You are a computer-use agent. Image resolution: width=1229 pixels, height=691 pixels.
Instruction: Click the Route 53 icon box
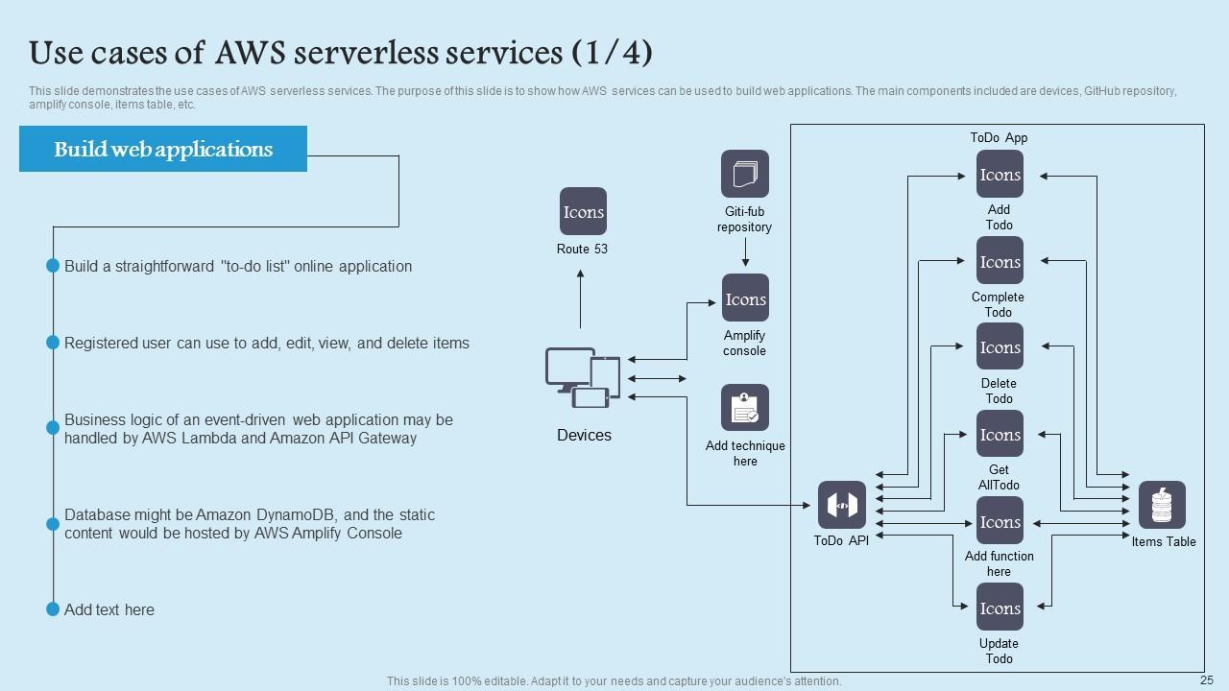(x=584, y=211)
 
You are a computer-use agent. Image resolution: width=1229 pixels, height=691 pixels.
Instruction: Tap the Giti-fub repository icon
(x=745, y=174)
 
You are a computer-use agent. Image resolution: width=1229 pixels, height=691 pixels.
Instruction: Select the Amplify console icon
(x=745, y=298)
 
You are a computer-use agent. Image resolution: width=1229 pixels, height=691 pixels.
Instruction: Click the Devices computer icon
(x=583, y=377)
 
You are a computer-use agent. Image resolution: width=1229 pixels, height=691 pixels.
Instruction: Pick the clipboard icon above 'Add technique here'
(x=745, y=408)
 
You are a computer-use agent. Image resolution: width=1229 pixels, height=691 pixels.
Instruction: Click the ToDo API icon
(x=842, y=505)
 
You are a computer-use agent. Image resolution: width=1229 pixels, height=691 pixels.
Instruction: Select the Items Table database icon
(x=1162, y=506)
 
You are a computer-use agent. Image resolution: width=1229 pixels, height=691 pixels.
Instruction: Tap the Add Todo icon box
(x=1000, y=175)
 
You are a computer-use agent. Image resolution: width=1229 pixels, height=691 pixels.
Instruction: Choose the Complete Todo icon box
(x=1000, y=261)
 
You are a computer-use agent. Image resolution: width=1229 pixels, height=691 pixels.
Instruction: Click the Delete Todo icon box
(x=1000, y=346)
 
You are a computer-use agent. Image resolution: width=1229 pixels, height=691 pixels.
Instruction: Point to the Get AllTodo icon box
(x=1000, y=434)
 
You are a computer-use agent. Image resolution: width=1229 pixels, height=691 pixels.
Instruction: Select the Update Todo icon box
(x=1000, y=608)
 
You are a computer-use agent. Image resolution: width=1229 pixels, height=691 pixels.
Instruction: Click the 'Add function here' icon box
(x=1000, y=521)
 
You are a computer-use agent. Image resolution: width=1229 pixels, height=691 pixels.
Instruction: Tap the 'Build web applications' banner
(x=163, y=149)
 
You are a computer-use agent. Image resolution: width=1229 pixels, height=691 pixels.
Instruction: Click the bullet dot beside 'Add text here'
(x=53, y=609)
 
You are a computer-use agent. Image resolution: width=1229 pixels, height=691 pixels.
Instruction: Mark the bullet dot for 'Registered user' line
(x=53, y=343)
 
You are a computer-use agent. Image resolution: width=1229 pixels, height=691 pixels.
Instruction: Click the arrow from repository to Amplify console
(x=745, y=252)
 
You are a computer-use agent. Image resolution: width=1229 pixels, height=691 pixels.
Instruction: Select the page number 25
(x=1207, y=679)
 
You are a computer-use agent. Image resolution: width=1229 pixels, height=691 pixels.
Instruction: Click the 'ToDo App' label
(x=999, y=137)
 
